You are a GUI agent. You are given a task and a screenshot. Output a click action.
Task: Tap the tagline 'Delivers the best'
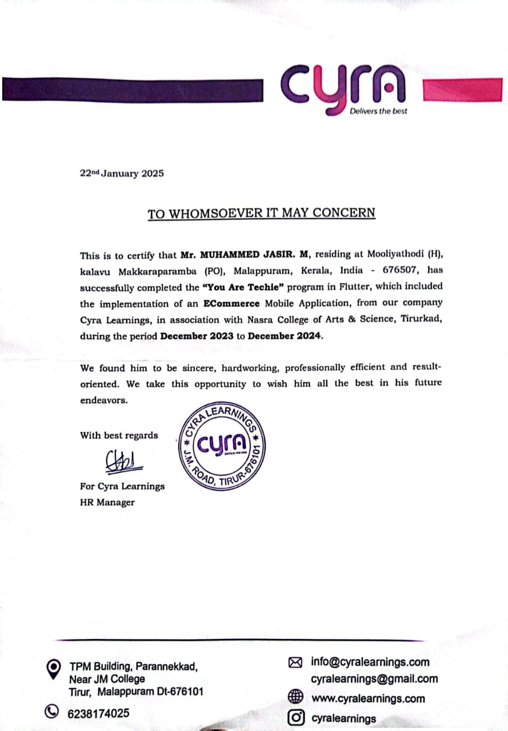378,111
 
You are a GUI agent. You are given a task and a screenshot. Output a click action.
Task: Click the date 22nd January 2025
122,174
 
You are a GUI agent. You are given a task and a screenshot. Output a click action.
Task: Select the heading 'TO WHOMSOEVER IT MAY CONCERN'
262,214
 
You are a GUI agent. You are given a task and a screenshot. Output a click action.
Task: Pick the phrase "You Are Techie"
247,286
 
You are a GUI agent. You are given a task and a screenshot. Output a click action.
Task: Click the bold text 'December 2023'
197,336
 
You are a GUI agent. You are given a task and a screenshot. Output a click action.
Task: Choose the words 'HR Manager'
107,503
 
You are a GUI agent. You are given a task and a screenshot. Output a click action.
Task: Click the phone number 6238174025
99,713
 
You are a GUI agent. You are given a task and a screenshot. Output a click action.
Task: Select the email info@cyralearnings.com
370,662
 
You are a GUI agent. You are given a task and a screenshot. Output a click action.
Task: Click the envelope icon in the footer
295,662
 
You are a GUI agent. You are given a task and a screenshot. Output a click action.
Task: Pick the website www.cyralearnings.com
368,698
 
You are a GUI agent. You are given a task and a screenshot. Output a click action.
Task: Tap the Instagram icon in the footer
295,717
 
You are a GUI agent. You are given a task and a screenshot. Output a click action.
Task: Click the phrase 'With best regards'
119,436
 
